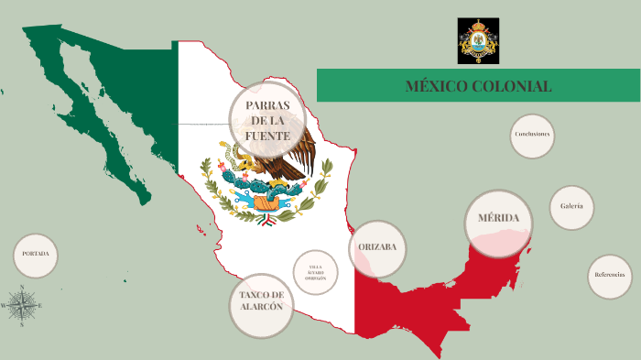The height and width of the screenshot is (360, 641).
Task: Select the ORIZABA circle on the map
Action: (376, 248)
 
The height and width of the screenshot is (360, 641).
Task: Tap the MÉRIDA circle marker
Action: (498, 219)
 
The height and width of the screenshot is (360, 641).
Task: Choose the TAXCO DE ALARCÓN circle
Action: (262, 301)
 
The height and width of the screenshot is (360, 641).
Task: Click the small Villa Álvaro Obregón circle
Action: (315, 272)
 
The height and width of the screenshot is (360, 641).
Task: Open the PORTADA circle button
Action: (36, 256)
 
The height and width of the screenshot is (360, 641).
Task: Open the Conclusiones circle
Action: (532, 135)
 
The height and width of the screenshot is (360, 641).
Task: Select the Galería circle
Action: (571, 207)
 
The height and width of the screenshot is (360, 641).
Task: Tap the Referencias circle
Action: (609, 276)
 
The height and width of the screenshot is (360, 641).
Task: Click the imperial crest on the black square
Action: (479, 40)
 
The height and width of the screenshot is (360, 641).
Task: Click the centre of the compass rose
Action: (22, 303)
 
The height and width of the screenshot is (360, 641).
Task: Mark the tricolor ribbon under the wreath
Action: (266, 221)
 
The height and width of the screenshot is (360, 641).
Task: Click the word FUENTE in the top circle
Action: (267, 136)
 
